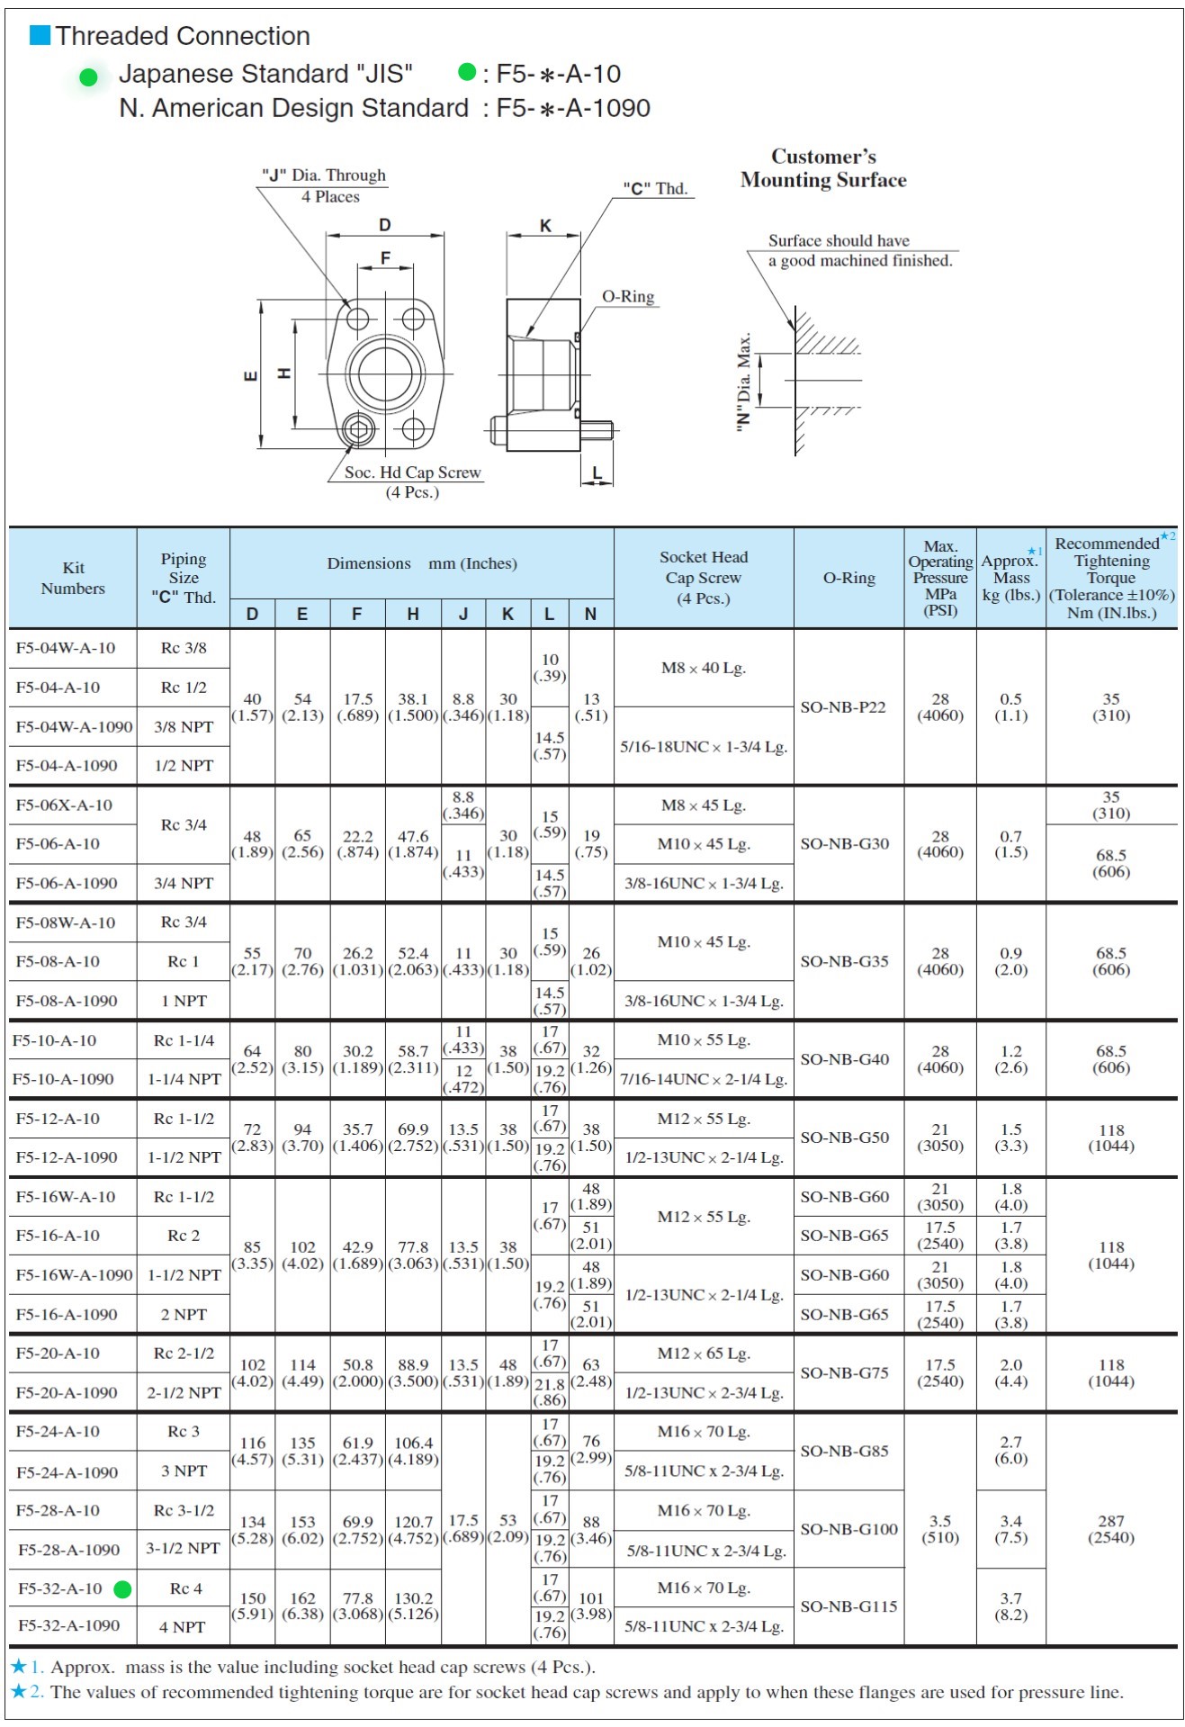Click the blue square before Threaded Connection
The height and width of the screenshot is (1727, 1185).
pyautogui.click(x=40, y=35)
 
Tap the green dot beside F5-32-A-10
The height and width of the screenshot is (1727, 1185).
pyautogui.click(x=122, y=1589)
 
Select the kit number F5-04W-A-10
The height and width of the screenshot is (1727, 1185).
pyautogui.click(x=66, y=648)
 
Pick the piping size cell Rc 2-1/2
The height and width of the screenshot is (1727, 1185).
pyautogui.click(x=184, y=1353)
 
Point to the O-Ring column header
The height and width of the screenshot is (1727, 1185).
pyautogui.click(x=848, y=578)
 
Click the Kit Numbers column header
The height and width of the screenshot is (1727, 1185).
pyautogui.click(x=73, y=578)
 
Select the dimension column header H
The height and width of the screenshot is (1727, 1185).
pyautogui.click(x=413, y=614)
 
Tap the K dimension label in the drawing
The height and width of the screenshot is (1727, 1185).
pyautogui.click(x=545, y=226)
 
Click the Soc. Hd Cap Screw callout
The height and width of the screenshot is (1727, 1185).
pyautogui.click(x=412, y=472)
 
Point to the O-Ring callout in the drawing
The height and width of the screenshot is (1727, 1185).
pyautogui.click(x=628, y=297)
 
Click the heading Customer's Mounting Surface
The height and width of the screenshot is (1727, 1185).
pyautogui.click(x=823, y=168)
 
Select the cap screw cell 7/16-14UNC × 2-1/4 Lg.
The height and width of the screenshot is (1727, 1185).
pyautogui.click(x=704, y=1079)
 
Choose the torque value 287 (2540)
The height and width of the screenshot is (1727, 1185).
pyautogui.click(x=1110, y=1529)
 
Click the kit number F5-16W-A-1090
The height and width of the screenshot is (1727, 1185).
pyautogui.click(x=74, y=1275)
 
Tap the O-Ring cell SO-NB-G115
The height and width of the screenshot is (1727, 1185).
pyautogui.click(x=848, y=1606)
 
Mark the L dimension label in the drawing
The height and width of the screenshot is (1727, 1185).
pyautogui.click(x=597, y=472)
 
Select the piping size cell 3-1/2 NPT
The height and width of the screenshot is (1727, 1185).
pyautogui.click(x=184, y=1549)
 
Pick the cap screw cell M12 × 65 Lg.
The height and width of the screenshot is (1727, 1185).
pyautogui.click(x=704, y=1354)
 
